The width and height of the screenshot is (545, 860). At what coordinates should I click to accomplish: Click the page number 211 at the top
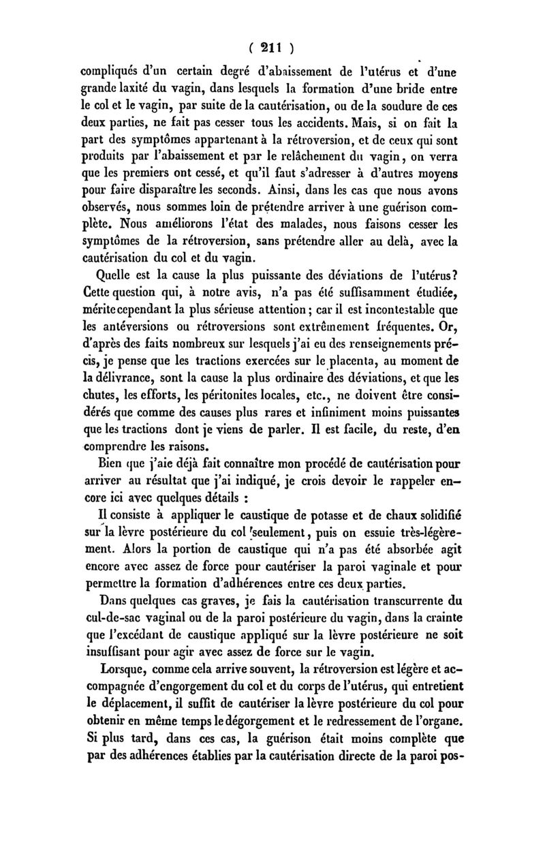(x=272, y=49)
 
